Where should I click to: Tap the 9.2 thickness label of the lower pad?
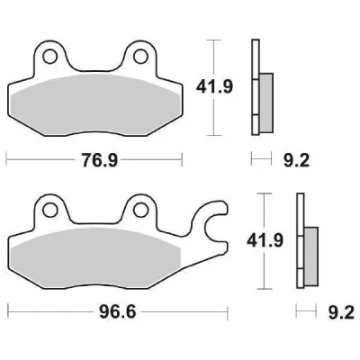[338, 313]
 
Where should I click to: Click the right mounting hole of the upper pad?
[139, 58]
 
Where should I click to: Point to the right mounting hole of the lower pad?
[139, 212]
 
